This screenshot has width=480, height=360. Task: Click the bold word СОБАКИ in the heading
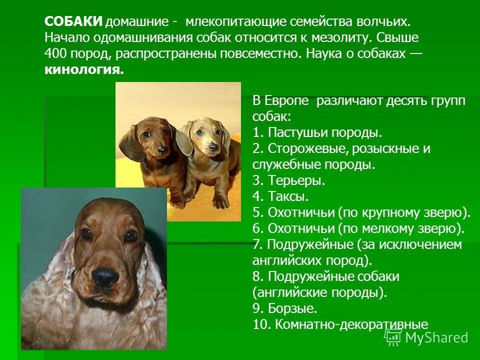(x=74, y=21)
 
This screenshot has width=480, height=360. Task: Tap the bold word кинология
(x=83, y=69)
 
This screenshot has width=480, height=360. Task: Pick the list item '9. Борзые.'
(x=285, y=308)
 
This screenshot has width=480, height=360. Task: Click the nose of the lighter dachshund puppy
(x=213, y=147)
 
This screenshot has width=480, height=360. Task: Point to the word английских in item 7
(x=282, y=260)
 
